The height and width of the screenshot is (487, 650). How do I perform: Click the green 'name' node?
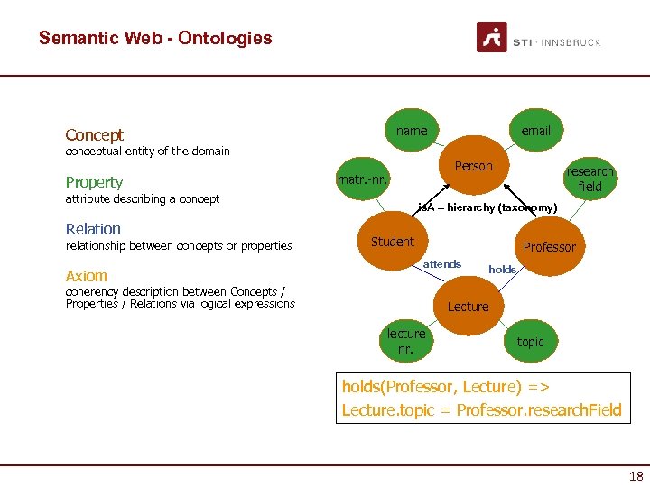(412, 131)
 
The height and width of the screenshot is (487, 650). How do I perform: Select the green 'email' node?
(535, 131)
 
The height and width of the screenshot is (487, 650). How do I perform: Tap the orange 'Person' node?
(474, 166)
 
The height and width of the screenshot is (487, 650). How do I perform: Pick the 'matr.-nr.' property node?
(363, 179)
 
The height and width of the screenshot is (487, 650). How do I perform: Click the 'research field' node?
(590, 179)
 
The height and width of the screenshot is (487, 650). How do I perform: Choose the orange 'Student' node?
(393, 242)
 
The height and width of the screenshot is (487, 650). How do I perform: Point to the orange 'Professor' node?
(549, 247)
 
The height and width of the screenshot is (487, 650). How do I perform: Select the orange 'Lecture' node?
(468, 307)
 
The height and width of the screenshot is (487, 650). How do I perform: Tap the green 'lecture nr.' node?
(406, 341)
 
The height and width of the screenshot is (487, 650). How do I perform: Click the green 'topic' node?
(530, 342)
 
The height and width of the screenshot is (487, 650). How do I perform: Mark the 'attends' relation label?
(442, 264)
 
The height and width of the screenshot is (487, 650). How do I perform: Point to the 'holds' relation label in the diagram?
(502, 270)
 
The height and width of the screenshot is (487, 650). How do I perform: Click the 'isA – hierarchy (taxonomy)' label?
(487, 208)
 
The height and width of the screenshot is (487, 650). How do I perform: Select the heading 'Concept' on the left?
(95, 135)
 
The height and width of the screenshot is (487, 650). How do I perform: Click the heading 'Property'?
(94, 182)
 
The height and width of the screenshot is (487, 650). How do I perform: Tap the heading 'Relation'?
(93, 229)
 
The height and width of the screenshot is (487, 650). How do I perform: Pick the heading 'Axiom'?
(87, 276)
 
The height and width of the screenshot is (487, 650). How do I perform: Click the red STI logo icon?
(492, 38)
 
